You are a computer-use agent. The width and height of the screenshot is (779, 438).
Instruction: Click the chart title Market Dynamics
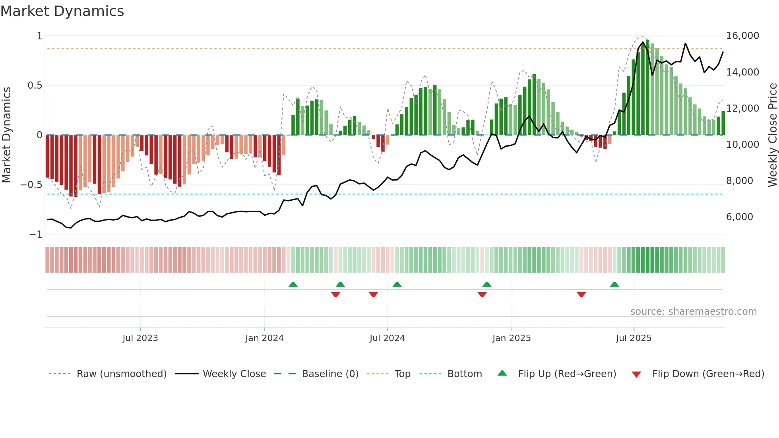62,11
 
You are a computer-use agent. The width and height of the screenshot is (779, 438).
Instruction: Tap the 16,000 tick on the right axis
742,36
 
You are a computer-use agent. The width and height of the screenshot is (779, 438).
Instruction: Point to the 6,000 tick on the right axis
739,217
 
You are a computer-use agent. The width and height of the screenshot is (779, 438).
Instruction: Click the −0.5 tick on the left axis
31,185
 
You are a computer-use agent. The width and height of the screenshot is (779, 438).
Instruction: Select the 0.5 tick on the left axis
35,85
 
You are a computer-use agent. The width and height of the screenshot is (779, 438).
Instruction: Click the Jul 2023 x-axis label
140,338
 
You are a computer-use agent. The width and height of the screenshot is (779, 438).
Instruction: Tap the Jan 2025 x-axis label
511,338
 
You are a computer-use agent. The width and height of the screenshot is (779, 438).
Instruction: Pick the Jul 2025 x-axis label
634,338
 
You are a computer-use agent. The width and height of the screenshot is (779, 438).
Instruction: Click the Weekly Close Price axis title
772,135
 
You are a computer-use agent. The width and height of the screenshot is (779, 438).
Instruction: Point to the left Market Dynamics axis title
6,135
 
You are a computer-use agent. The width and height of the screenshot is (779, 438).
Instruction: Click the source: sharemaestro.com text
693,312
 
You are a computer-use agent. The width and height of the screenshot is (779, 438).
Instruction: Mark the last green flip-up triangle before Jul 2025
614,285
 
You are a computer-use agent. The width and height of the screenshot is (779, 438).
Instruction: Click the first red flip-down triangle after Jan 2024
335,295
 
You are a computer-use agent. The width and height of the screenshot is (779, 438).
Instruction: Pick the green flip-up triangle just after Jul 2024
397,285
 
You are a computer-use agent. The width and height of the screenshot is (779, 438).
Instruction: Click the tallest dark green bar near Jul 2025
647,87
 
